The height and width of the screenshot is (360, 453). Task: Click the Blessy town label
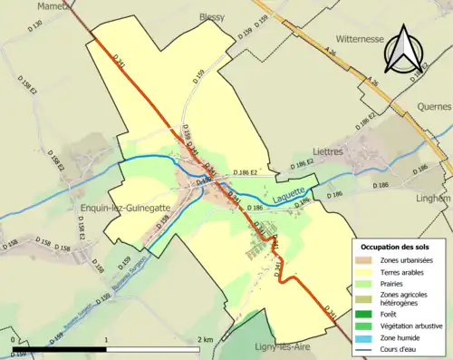(x=213, y=16)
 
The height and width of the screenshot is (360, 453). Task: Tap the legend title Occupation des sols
(x=401, y=246)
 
